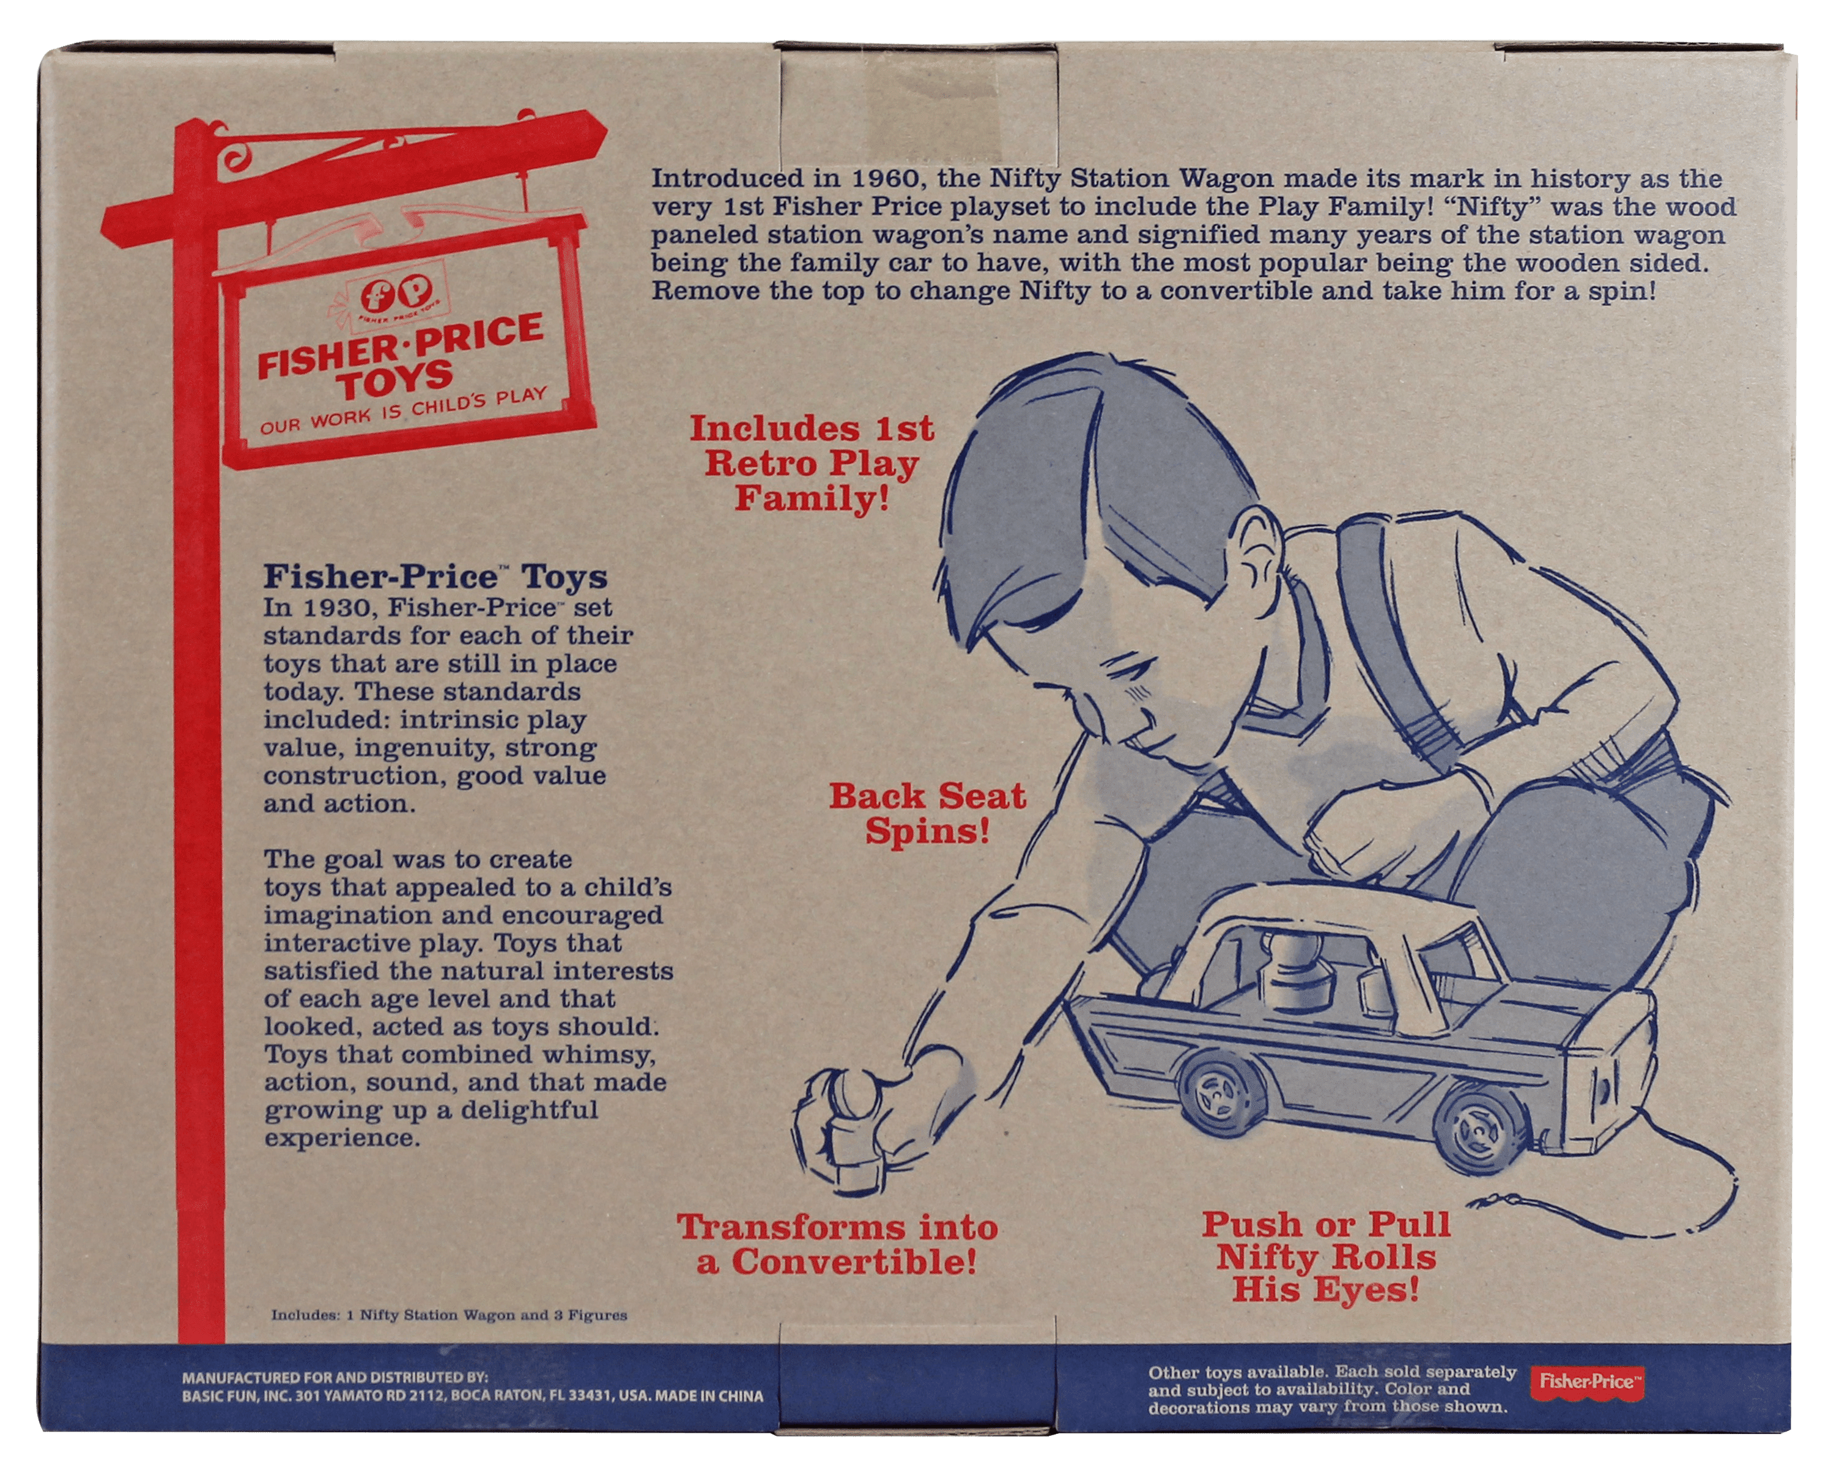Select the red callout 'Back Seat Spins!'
point(927,814)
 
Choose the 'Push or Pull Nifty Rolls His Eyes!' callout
point(1326,1257)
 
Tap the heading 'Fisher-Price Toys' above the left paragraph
point(435,577)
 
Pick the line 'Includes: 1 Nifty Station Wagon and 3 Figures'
point(449,1315)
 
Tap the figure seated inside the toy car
point(1293,970)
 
